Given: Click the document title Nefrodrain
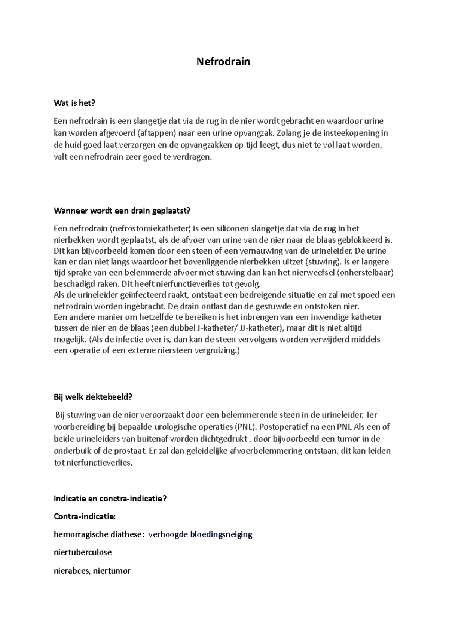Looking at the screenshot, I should pos(223,62).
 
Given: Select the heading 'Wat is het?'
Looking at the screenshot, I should pos(77,103).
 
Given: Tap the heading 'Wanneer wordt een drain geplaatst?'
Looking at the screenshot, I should pos(122,211).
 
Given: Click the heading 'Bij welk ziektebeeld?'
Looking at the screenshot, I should pos(93,397).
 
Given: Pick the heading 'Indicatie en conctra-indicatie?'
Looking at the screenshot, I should pos(110,499).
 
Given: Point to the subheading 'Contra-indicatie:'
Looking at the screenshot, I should pos(85,516).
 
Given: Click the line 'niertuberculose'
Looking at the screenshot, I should pos(83,552).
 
